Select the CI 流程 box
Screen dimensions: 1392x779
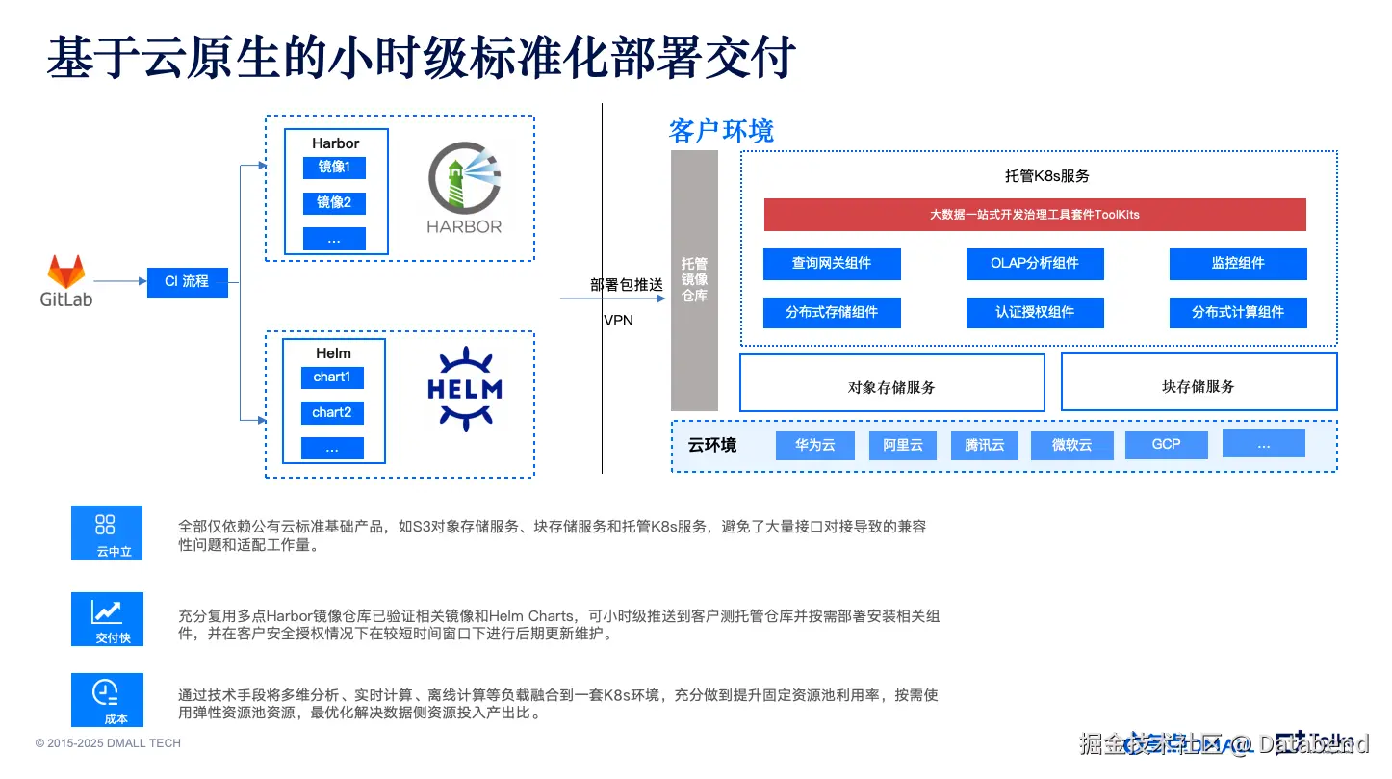point(187,281)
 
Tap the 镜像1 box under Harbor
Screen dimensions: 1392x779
point(334,168)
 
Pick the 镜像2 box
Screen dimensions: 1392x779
point(334,203)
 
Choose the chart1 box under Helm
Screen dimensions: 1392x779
point(332,377)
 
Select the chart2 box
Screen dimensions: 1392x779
point(332,413)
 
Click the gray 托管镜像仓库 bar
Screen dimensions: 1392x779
point(694,280)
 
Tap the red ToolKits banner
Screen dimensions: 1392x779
point(1035,215)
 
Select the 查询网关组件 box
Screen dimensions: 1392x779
point(832,264)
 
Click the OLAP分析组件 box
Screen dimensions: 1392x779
point(1035,264)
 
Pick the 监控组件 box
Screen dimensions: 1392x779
point(1238,264)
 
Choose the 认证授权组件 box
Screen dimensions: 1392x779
point(1035,312)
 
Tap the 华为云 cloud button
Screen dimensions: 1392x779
point(814,445)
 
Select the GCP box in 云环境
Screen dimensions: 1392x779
point(1166,445)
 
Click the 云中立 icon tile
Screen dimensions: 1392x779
point(107,532)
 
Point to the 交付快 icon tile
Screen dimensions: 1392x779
point(107,618)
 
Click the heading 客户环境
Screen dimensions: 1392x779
point(721,131)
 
